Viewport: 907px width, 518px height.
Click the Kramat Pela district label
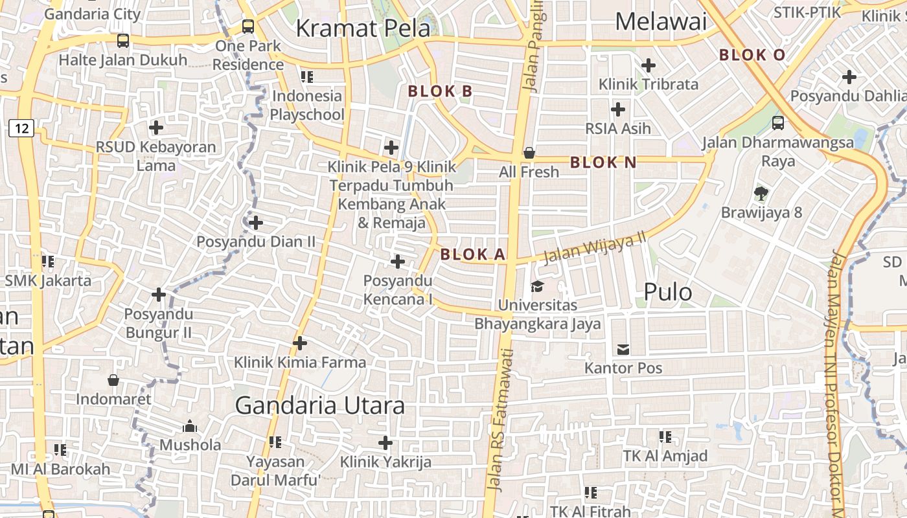363,28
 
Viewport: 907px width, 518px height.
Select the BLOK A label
472,254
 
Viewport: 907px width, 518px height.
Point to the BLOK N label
603,163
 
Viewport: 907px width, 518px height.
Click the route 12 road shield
21,128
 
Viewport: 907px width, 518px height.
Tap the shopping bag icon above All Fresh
529,153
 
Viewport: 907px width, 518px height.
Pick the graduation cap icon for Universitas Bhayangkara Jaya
537,286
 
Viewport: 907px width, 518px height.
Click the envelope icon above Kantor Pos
623,350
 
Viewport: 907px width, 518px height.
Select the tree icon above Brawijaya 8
761,193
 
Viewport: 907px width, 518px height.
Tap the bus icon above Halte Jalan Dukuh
123,41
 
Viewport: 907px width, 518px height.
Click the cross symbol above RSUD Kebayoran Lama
156,128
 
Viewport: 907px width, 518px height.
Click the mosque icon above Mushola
190,426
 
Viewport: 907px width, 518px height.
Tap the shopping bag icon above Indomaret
113,380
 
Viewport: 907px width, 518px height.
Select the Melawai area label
660,22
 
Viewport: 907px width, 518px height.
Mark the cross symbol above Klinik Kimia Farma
300,343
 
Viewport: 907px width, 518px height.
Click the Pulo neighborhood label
667,293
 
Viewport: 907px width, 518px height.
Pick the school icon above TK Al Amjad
665,437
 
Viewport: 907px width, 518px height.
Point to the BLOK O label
752,55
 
